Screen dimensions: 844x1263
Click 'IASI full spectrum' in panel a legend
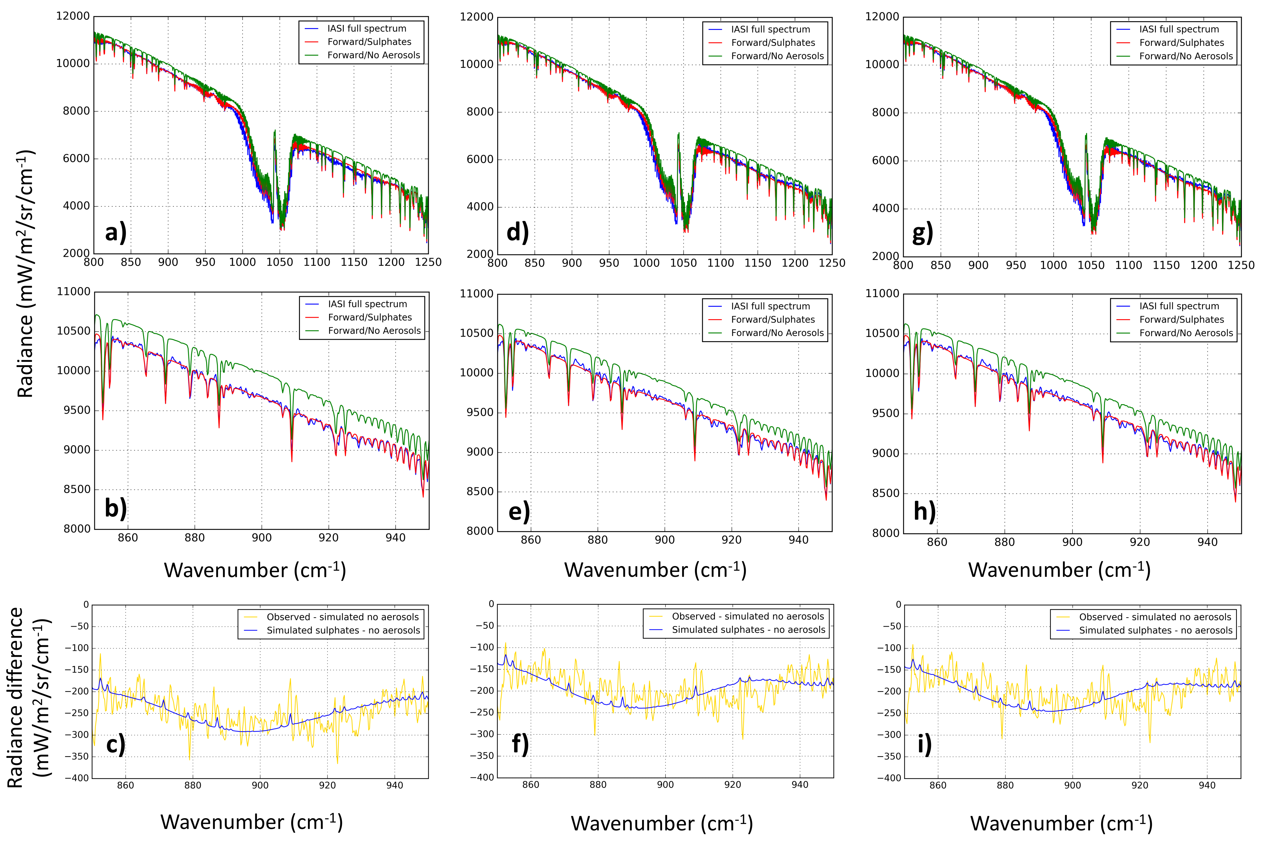point(367,28)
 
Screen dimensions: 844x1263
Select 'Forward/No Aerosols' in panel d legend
point(777,56)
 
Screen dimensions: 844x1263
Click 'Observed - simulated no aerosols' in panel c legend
point(343,617)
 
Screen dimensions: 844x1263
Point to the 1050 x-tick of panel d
point(683,263)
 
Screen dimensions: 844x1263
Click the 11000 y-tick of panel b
point(74,292)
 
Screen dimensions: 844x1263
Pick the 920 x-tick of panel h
point(1140,542)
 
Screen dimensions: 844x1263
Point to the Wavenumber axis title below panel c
point(251,822)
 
